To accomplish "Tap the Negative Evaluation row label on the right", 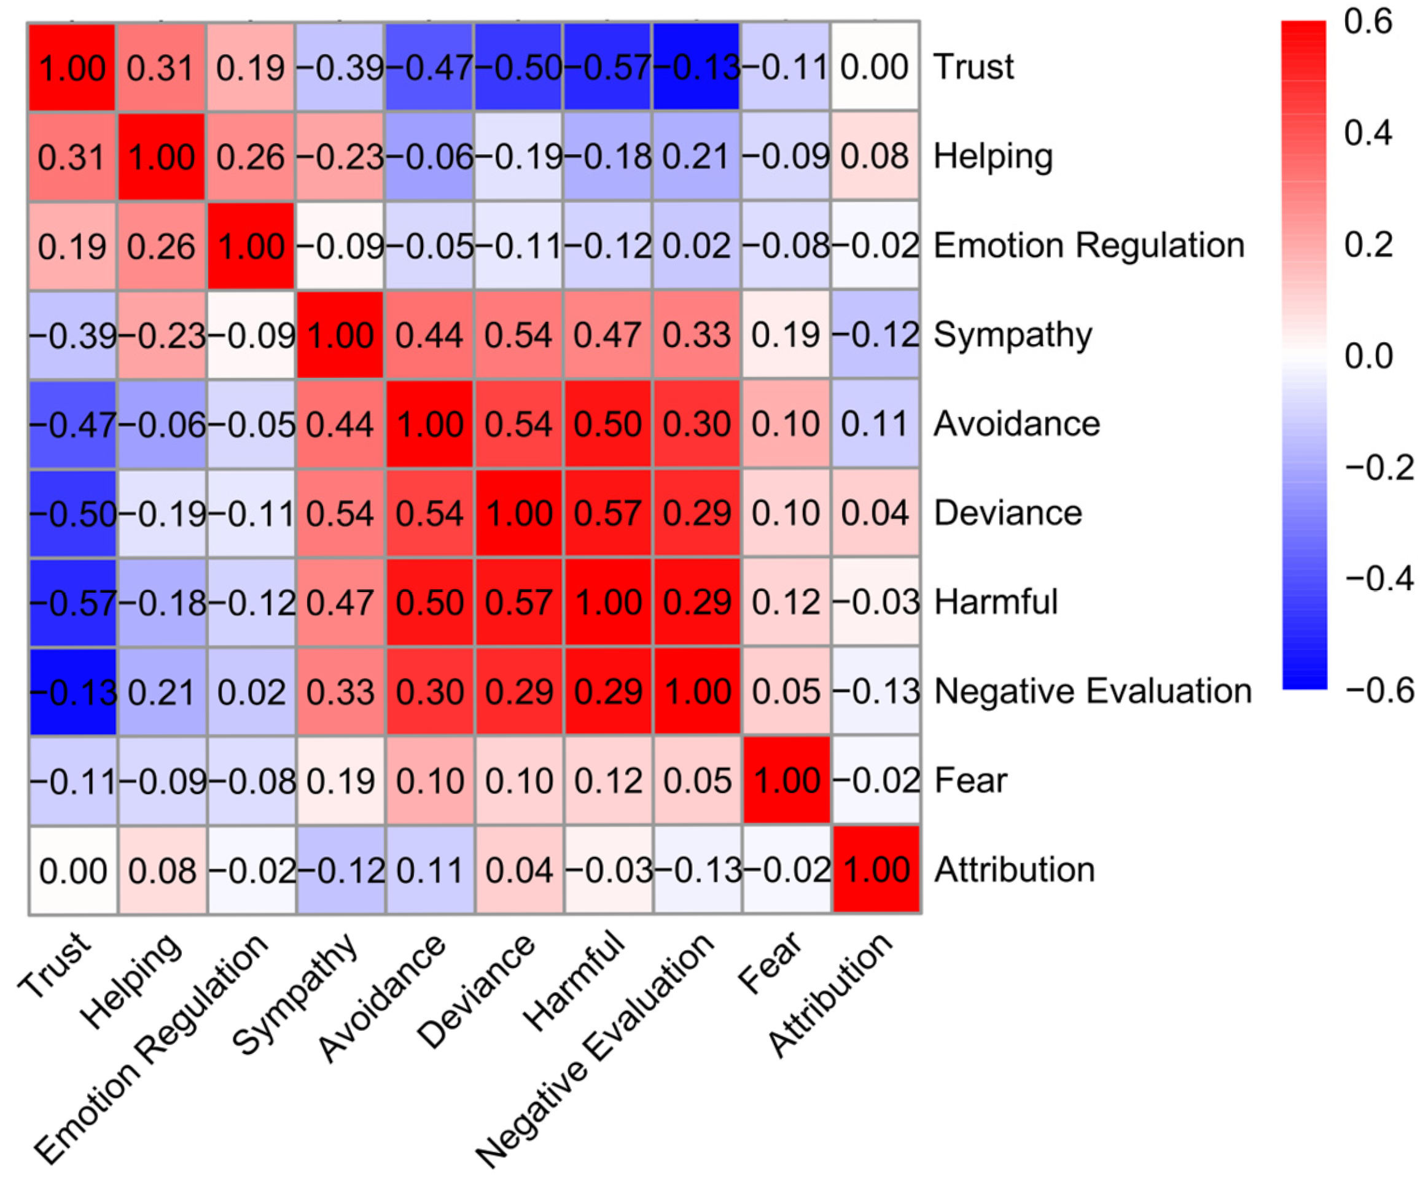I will (1092, 692).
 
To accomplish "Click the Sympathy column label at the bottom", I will (296, 993).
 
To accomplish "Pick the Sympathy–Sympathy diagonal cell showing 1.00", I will (340, 335).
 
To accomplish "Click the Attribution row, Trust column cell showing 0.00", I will (72, 870).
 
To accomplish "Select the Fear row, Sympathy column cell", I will (340, 781).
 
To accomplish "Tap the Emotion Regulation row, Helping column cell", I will (161, 246).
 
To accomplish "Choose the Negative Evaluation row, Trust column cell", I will (72, 692).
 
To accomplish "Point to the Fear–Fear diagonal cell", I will (786, 781).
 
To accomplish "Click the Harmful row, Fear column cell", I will (786, 603).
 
